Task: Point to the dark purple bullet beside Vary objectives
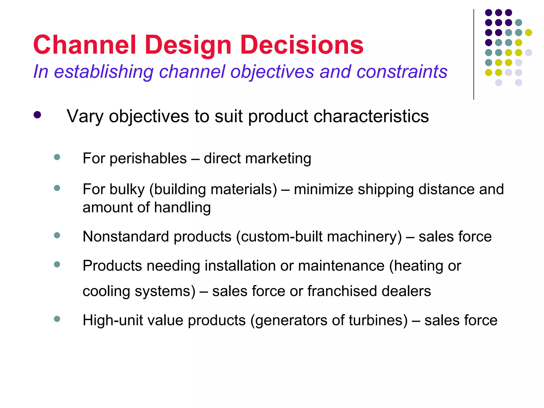pos(37,115)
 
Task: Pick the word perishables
pos(148,159)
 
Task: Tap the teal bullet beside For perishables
pos(57,157)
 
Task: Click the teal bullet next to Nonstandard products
pos(57,235)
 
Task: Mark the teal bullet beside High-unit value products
pos(57,319)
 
